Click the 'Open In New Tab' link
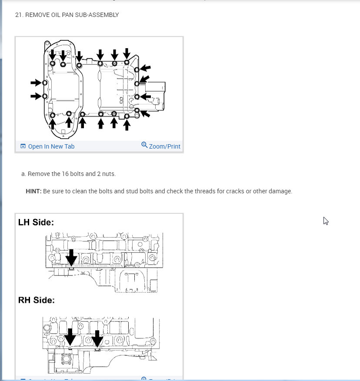point(51,146)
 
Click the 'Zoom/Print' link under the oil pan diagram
point(164,146)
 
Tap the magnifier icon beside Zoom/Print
point(144,145)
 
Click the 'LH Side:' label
point(36,222)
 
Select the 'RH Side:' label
point(37,300)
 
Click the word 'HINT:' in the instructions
point(33,191)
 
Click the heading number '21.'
point(19,15)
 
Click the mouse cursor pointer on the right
point(326,221)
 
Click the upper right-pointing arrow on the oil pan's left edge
point(36,83)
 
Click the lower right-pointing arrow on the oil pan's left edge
point(36,96)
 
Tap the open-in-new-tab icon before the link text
point(23,146)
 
